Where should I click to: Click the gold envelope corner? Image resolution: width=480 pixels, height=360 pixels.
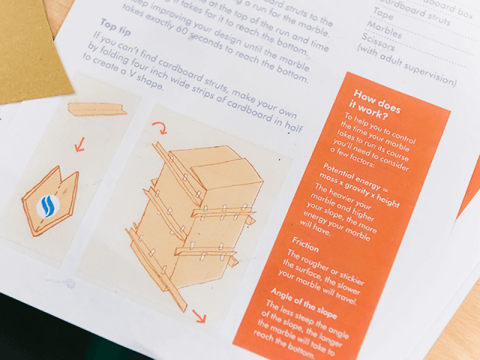point(30,52)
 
